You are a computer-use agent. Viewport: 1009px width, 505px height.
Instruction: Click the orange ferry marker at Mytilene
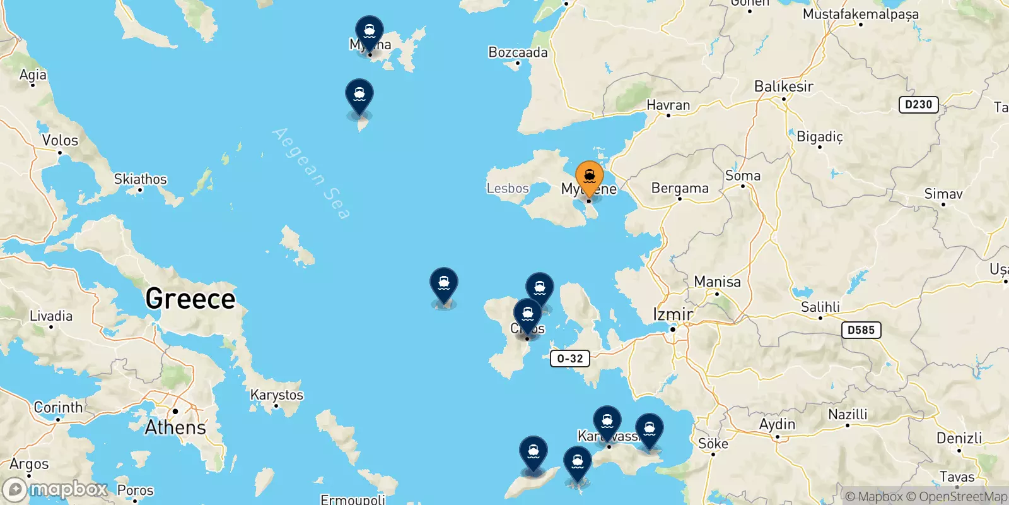pyautogui.click(x=590, y=177)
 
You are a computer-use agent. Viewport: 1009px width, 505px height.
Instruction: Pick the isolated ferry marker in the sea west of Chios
pyautogui.click(x=444, y=285)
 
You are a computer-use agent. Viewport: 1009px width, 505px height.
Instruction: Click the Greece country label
pyautogui.click(x=190, y=299)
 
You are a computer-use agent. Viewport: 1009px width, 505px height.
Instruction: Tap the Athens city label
pyautogui.click(x=175, y=427)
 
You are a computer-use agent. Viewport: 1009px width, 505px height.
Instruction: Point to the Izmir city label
pyautogui.click(x=672, y=314)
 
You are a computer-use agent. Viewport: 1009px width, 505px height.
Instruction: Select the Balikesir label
pyautogui.click(x=784, y=86)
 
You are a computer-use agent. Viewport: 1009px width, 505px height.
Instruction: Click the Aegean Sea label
pyautogui.click(x=310, y=174)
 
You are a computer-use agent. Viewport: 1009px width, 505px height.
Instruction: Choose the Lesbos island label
pyautogui.click(x=508, y=188)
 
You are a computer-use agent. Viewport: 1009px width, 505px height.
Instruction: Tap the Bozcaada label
pyautogui.click(x=518, y=52)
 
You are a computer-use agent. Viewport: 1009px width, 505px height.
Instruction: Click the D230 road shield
pyautogui.click(x=918, y=105)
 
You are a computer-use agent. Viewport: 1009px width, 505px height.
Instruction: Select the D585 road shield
pyautogui.click(x=861, y=330)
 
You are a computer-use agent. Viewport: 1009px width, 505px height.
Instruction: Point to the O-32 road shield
pyautogui.click(x=570, y=359)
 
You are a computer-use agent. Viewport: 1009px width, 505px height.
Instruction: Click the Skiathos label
pyautogui.click(x=140, y=179)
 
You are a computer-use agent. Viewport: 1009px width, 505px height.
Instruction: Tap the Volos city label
pyautogui.click(x=60, y=140)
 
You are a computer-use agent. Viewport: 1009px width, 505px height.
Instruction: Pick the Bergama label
pyautogui.click(x=680, y=188)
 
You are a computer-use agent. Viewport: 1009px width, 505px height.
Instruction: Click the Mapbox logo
pyautogui.click(x=55, y=489)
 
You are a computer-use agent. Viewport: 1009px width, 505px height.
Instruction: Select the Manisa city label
pyautogui.click(x=717, y=282)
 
